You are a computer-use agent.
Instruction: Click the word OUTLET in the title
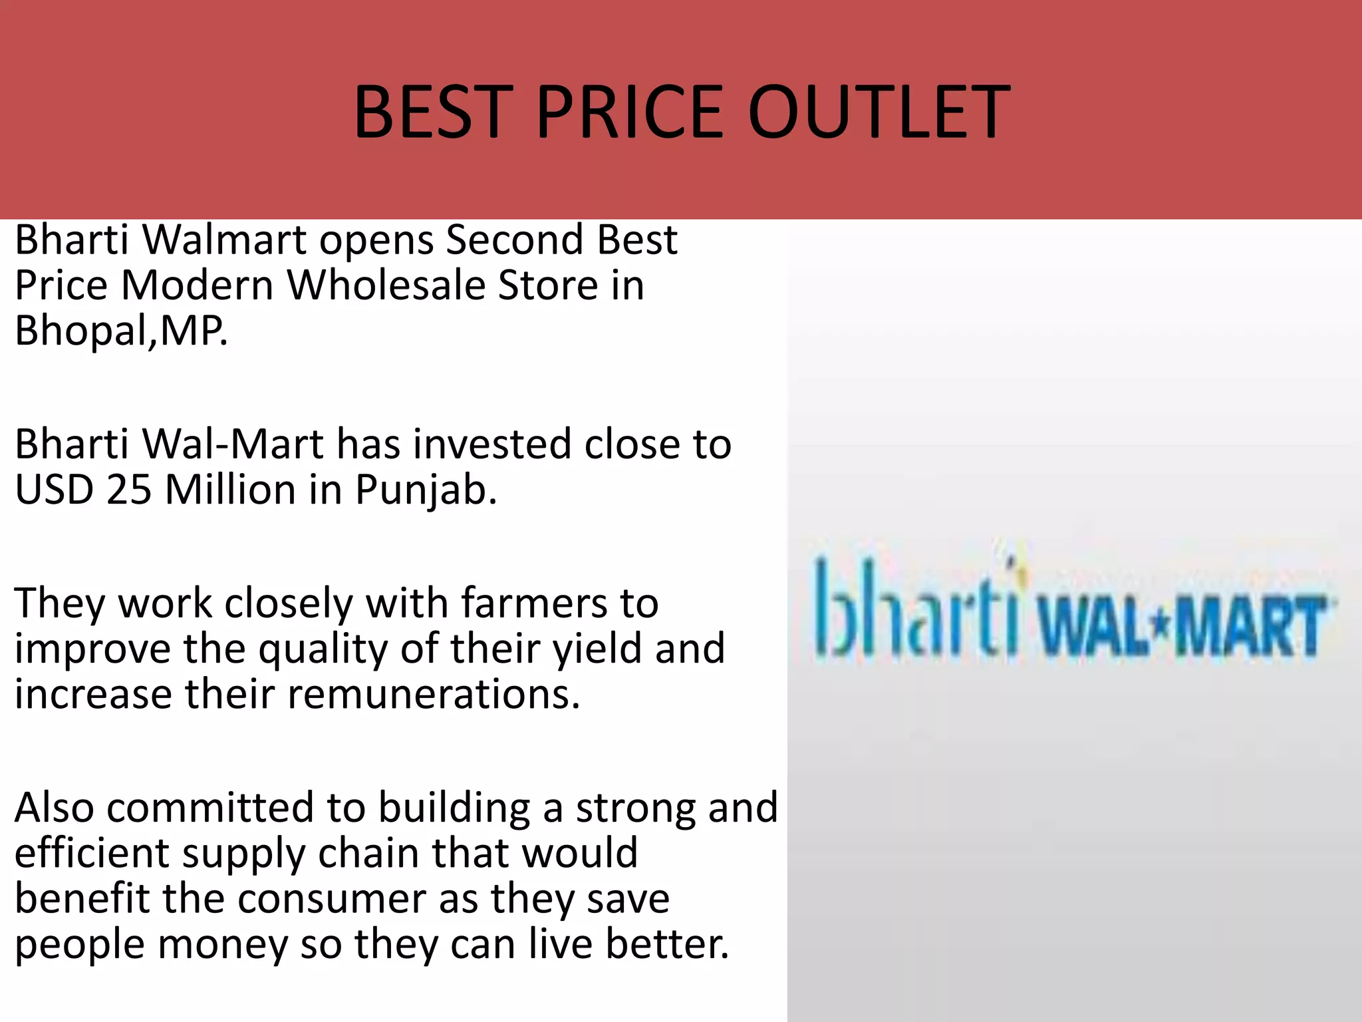[879, 112]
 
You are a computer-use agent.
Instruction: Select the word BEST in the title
[429, 112]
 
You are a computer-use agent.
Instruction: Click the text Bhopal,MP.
[121, 331]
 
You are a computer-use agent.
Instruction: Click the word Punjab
[426, 491]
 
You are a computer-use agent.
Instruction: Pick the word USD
[53, 490]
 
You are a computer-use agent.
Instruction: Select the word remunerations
[434, 694]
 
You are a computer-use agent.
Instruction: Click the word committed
[210, 808]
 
